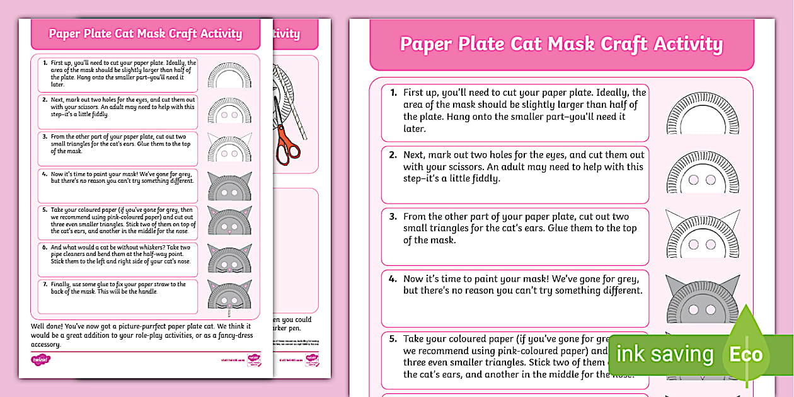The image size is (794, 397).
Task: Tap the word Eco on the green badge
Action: [746, 354]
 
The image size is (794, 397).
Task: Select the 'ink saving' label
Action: [665, 354]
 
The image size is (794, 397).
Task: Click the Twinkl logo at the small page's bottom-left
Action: [40, 360]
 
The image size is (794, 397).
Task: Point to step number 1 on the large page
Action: [393, 93]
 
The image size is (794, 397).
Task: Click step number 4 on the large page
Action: [393, 279]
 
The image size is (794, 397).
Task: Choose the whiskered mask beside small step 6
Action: [229, 258]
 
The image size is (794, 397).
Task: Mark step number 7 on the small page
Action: [45, 284]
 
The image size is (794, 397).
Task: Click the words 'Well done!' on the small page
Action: [48, 326]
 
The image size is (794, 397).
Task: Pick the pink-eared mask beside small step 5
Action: [229, 221]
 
